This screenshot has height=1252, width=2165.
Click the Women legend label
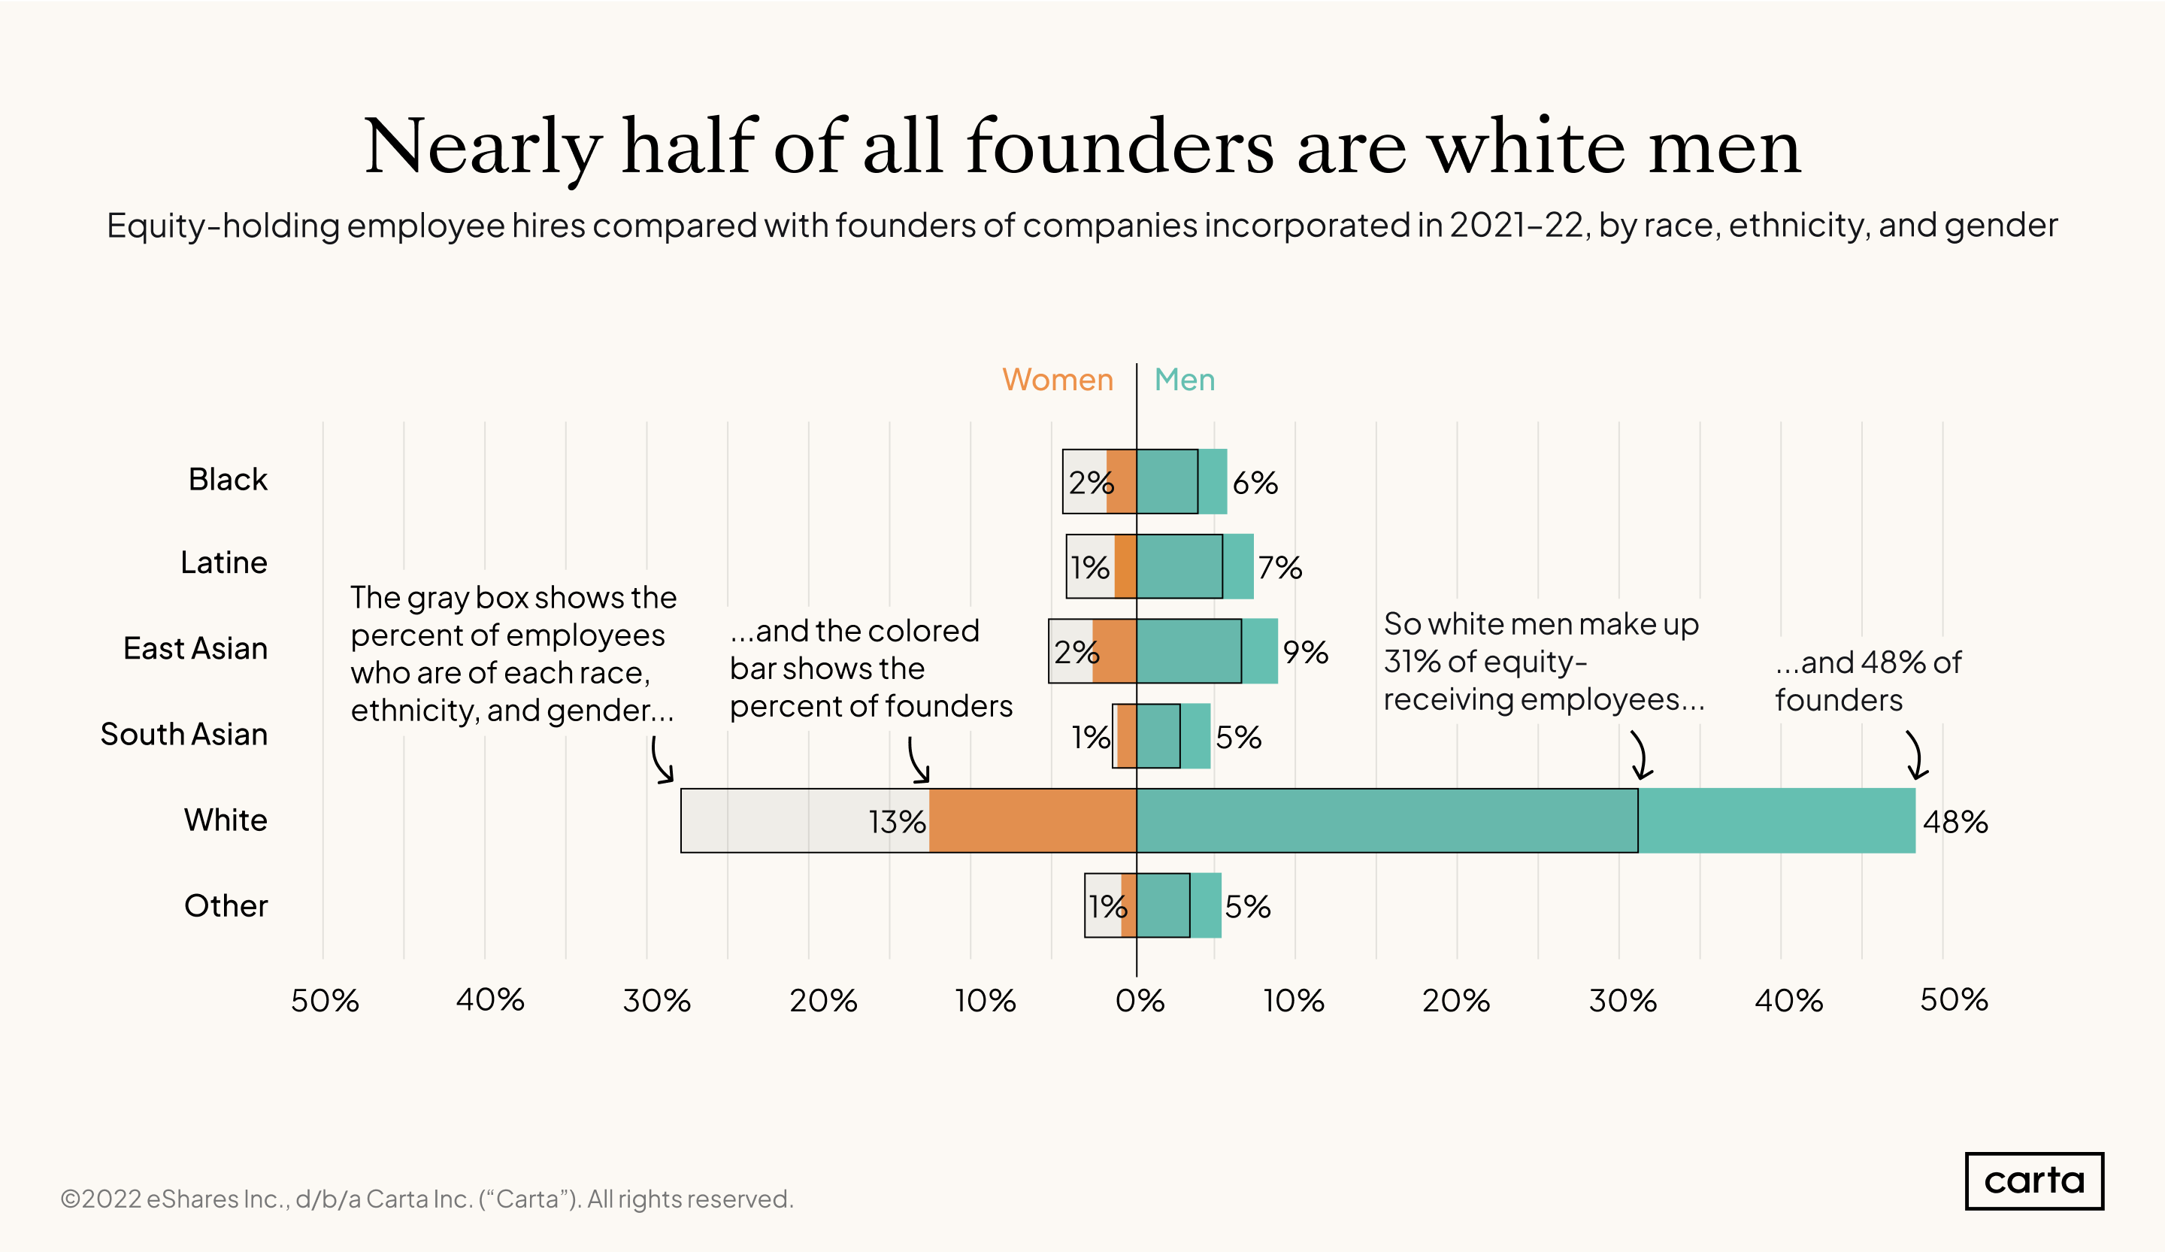[1057, 380]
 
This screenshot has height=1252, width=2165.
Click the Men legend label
[1184, 380]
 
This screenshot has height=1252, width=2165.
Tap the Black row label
[228, 480]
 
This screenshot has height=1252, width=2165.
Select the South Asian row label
[184, 735]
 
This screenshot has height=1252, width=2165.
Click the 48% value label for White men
[1955, 823]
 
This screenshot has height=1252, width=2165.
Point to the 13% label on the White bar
[896, 823]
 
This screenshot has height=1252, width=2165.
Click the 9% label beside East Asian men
[1305, 652]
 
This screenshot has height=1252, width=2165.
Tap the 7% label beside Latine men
[1280, 568]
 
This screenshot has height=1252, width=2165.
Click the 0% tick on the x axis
[1139, 1001]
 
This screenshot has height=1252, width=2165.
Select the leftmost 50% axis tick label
[325, 1001]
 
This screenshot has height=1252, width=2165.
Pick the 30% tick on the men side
[1622, 1001]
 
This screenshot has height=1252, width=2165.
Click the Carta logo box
[2033, 1181]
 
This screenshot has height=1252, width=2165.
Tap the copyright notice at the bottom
[427, 1199]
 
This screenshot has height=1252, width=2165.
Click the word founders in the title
[1119, 148]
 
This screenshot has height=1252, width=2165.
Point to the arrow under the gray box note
[661, 760]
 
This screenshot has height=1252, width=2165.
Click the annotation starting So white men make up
[1542, 662]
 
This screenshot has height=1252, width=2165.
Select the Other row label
[226, 905]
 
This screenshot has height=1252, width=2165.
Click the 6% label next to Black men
[1255, 483]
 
